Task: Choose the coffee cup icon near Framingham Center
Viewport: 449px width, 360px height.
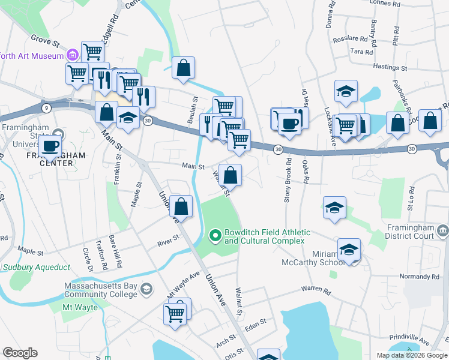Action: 50,145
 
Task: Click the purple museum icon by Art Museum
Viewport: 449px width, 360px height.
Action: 73,56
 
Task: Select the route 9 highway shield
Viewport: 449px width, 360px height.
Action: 46,107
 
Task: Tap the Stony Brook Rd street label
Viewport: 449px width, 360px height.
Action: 289,179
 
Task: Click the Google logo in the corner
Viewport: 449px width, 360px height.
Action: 20,353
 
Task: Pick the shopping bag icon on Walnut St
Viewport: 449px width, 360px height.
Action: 230,176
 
